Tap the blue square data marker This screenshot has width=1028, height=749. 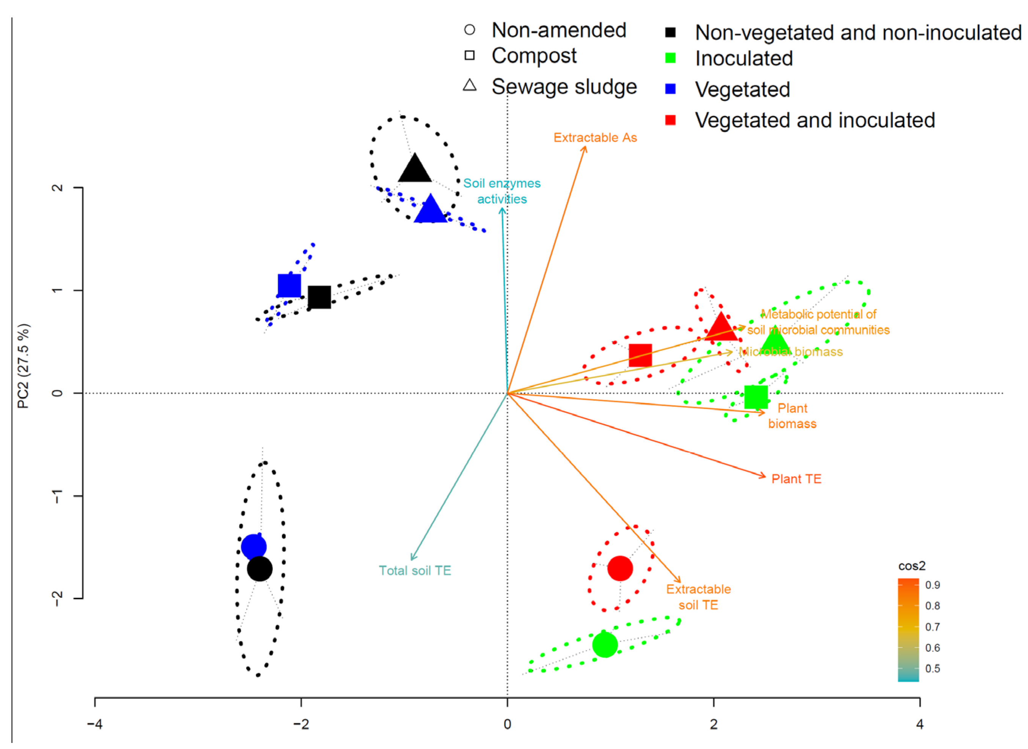tap(289, 285)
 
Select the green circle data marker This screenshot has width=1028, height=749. tap(605, 644)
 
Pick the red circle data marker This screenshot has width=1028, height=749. tap(620, 568)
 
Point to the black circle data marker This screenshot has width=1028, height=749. tap(259, 569)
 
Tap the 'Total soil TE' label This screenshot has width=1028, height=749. tap(415, 570)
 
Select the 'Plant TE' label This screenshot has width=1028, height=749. tap(796, 479)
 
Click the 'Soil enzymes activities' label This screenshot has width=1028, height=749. tap(502, 191)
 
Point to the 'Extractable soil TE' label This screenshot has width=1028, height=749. tap(698, 597)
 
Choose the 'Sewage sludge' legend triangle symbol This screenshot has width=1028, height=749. tap(470, 85)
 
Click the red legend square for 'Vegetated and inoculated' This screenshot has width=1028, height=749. tap(670, 120)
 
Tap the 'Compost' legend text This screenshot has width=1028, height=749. tap(534, 56)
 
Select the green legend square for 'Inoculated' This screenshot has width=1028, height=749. tap(670, 58)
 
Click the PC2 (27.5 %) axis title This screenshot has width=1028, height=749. tap(23, 366)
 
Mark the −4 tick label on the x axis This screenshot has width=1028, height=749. tap(94, 724)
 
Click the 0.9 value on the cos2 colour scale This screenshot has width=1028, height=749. tap(932, 585)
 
